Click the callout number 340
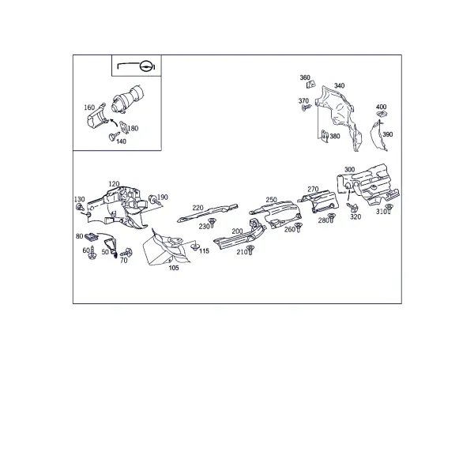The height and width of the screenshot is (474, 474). click(x=339, y=85)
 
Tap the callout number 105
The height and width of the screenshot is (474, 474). click(x=174, y=268)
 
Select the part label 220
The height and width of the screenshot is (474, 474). click(x=197, y=208)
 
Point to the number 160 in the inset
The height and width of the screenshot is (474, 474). click(x=89, y=107)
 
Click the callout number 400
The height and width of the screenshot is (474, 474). click(x=382, y=107)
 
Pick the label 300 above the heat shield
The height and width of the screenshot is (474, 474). click(x=349, y=169)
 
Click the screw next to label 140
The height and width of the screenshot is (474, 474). click(x=113, y=136)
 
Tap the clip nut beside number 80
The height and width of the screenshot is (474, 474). click(x=92, y=236)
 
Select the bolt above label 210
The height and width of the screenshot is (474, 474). click(x=250, y=250)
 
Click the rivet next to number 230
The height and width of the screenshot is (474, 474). click(x=212, y=223)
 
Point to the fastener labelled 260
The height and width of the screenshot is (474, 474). click(x=299, y=227)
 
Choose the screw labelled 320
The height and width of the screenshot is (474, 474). click(x=352, y=207)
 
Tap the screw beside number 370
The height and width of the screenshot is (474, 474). click(x=307, y=107)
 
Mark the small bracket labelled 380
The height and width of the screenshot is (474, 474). click(x=325, y=136)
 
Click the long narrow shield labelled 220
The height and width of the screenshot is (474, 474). click(x=207, y=213)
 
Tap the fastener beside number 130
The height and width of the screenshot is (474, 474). click(x=80, y=207)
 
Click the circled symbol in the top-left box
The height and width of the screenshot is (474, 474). click(x=145, y=66)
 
